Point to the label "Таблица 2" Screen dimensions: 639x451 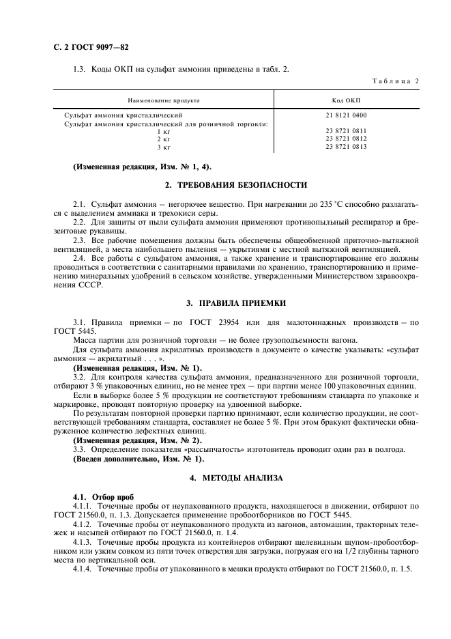tap(396, 81)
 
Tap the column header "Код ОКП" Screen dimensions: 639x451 tap(346, 100)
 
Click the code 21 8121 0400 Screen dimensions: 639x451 tap(346, 115)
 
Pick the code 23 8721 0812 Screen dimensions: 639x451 tap(346, 138)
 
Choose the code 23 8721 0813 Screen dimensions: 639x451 tap(346, 146)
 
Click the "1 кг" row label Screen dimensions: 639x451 tap(163, 130)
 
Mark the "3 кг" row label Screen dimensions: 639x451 tap(163, 146)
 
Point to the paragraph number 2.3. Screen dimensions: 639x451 tap(78, 242)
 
